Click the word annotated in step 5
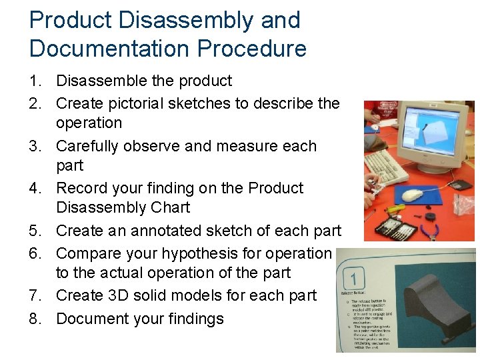click(143, 231)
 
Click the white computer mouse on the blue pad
click(413, 195)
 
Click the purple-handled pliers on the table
click(428, 231)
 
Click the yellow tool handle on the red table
click(397, 209)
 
